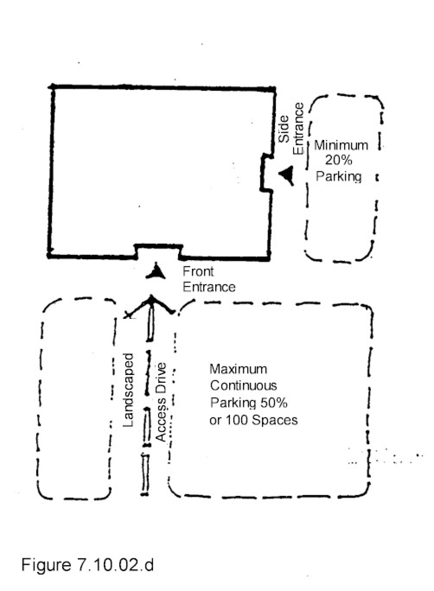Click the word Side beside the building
pos(284,129)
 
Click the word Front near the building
pos(198,271)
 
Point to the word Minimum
pos(341,145)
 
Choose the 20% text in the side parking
pos(339,160)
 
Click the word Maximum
pos(238,369)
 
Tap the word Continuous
pos(243,386)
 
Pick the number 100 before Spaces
pos(237,420)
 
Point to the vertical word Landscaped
pos(128,390)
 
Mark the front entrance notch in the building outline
pos(158,251)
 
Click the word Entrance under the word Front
pos(209,287)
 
